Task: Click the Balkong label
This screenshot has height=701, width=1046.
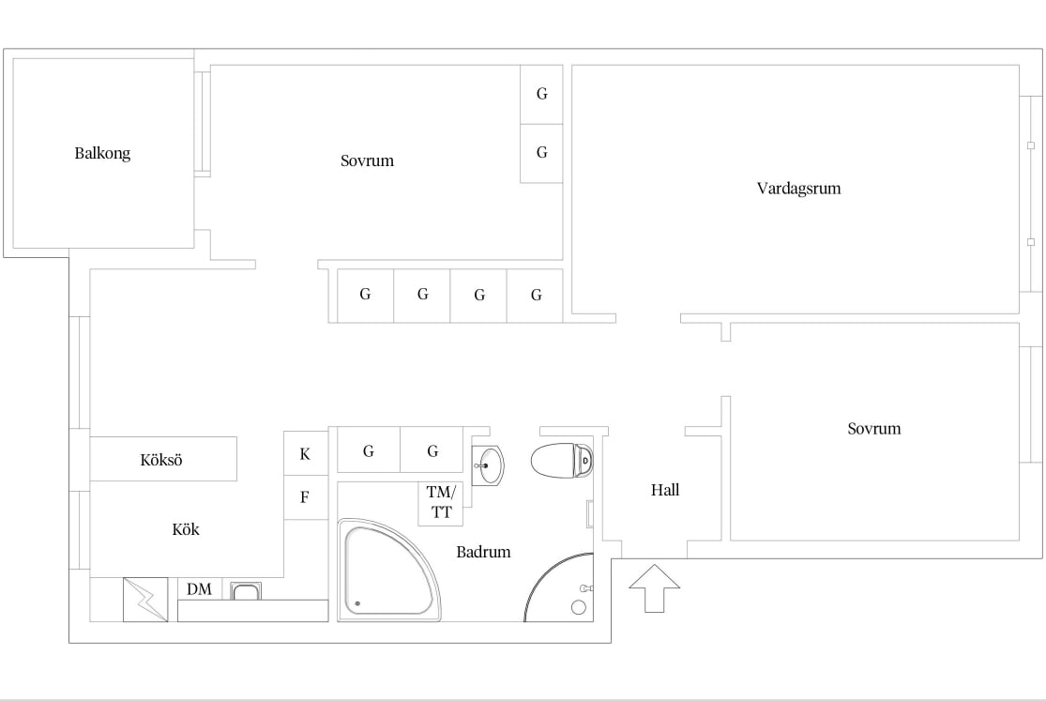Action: (102, 154)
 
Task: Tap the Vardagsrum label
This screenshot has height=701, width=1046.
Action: (798, 189)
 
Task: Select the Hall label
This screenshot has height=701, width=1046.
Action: (665, 490)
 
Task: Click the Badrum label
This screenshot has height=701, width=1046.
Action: (483, 552)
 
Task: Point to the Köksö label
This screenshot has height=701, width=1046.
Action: (160, 459)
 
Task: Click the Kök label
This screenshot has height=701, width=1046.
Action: (186, 529)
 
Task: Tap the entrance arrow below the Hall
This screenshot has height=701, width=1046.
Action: (655, 588)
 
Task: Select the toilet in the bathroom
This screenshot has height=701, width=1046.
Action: (562, 460)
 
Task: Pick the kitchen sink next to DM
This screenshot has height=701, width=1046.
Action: (246, 591)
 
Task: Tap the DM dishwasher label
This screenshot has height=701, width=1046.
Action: (199, 588)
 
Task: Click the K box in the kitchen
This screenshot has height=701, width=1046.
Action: (306, 454)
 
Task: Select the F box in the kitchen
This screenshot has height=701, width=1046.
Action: (306, 497)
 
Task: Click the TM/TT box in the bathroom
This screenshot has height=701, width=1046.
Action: (440, 503)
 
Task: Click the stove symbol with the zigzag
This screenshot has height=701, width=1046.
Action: (145, 600)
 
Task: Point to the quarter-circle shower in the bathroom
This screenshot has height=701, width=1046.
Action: (559, 587)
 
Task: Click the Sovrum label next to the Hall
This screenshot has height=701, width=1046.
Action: (874, 429)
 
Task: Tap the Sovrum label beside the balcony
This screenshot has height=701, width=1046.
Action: (367, 160)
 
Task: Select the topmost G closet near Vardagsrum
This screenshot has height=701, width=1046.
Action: (541, 94)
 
